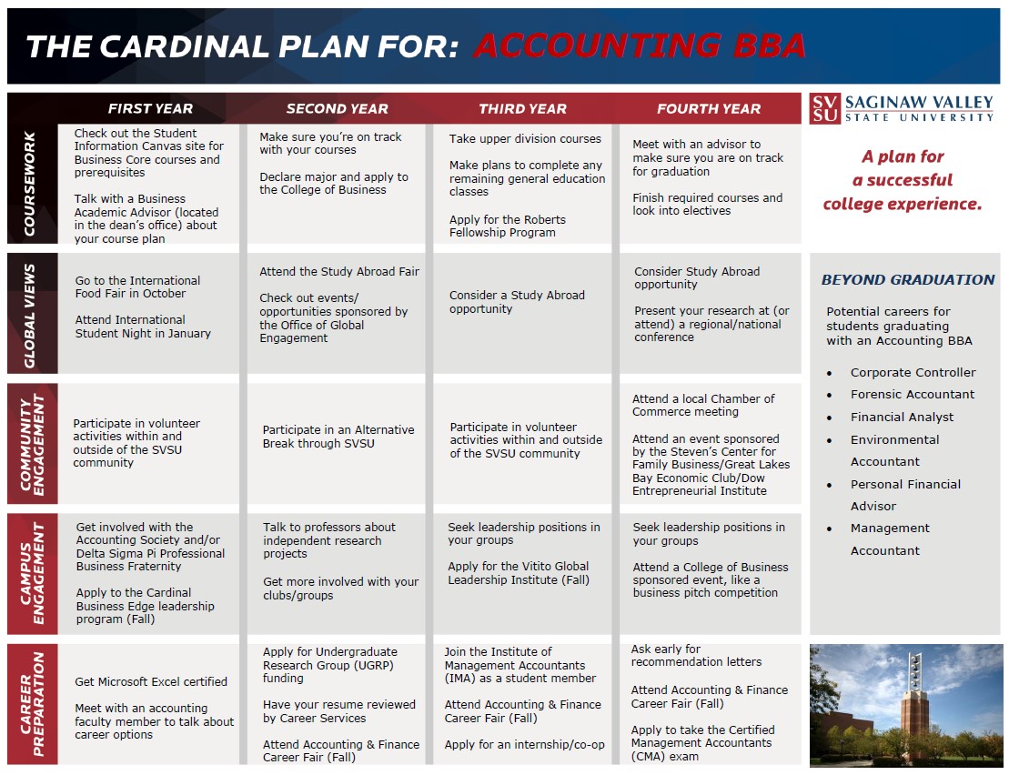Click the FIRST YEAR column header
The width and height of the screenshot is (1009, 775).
coord(150,108)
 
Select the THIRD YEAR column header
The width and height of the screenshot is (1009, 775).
coord(522,108)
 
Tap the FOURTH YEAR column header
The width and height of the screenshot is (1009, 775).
coord(709,108)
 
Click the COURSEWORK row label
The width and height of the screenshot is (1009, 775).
coord(31,185)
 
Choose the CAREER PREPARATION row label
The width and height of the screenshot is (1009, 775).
coord(31,704)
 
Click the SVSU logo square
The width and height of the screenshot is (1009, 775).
coord(824,108)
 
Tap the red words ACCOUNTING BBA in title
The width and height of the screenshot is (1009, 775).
coord(640,46)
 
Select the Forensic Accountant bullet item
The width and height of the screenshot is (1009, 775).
coord(912,395)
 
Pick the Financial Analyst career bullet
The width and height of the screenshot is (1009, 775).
coord(902,418)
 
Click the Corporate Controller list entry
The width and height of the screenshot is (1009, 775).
coord(913,373)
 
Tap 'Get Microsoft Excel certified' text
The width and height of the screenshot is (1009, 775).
coord(151,682)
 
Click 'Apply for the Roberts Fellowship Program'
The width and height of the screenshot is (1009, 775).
coord(507,226)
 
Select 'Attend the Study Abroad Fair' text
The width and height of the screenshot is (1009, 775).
coord(339,272)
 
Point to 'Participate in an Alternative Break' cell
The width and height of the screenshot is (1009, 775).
coord(338,437)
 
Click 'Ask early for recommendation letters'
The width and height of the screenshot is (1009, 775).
coord(696,655)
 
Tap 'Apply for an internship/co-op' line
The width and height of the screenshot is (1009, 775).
coord(524,745)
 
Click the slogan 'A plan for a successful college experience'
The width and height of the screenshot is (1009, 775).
coord(903,180)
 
